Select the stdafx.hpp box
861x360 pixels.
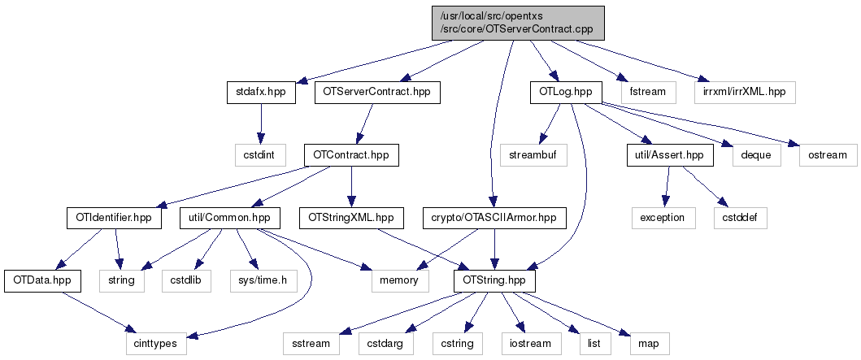[x=260, y=92]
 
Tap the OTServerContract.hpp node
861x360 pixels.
[x=376, y=92]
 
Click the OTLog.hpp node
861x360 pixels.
[x=565, y=92]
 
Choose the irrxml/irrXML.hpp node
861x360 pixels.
[x=744, y=92]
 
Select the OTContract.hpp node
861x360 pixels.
[x=351, y=154]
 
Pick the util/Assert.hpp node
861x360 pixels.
[x=670, y=154]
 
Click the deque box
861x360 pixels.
[x=755, y=154]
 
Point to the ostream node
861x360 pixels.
[x=826, y=154]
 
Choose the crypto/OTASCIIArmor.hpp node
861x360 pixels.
[x=494, y=218]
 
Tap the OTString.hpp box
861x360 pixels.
[x=494, y=280]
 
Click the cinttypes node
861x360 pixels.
[x=155, y=344]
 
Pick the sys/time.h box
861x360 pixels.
[x=262, y=280]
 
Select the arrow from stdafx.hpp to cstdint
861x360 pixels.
[x=260, y=123]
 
